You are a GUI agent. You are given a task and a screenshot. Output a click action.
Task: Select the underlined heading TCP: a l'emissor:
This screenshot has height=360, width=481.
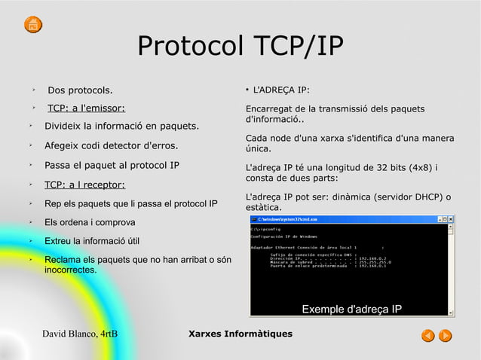tap(86, 108)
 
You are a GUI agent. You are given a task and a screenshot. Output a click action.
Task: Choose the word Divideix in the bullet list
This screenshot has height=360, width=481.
tap(65, 125)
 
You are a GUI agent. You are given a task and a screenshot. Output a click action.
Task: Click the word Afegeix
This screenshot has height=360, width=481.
tap(64, 145)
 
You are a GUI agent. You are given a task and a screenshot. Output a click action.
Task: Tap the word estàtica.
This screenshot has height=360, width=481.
tap(263, 208)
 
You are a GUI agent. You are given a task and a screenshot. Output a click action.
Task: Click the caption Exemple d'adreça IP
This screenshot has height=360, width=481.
tap(351, 310)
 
